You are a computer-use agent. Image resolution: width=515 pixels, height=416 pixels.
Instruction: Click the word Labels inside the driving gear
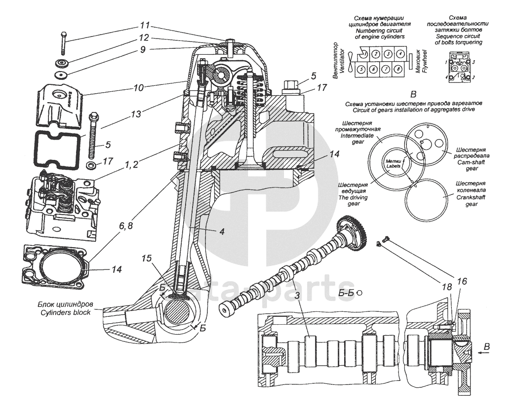pos(393,165)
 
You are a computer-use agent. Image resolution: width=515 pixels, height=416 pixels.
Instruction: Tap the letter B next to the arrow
pos(486,348)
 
